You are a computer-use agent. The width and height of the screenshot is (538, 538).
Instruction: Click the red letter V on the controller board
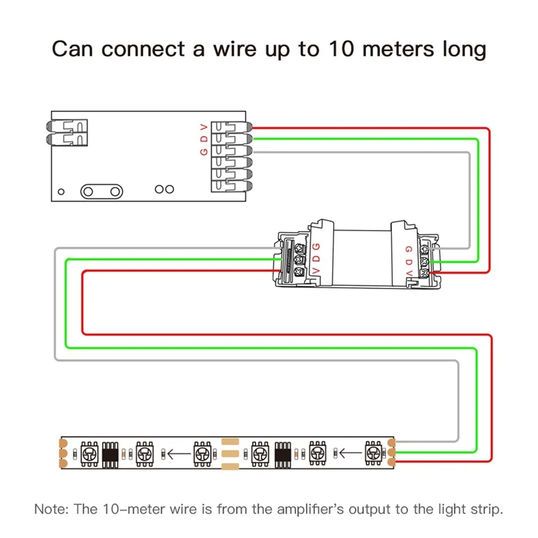tap(204, 126)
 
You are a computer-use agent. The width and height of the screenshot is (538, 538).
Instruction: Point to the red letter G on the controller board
tap(204, 151)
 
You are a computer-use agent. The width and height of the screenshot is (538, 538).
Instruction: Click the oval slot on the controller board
tap(101, 192)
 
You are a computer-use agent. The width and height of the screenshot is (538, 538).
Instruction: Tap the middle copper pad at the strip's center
tap(231, 453)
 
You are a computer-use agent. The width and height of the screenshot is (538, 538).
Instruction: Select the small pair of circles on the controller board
tap(164, 190)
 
